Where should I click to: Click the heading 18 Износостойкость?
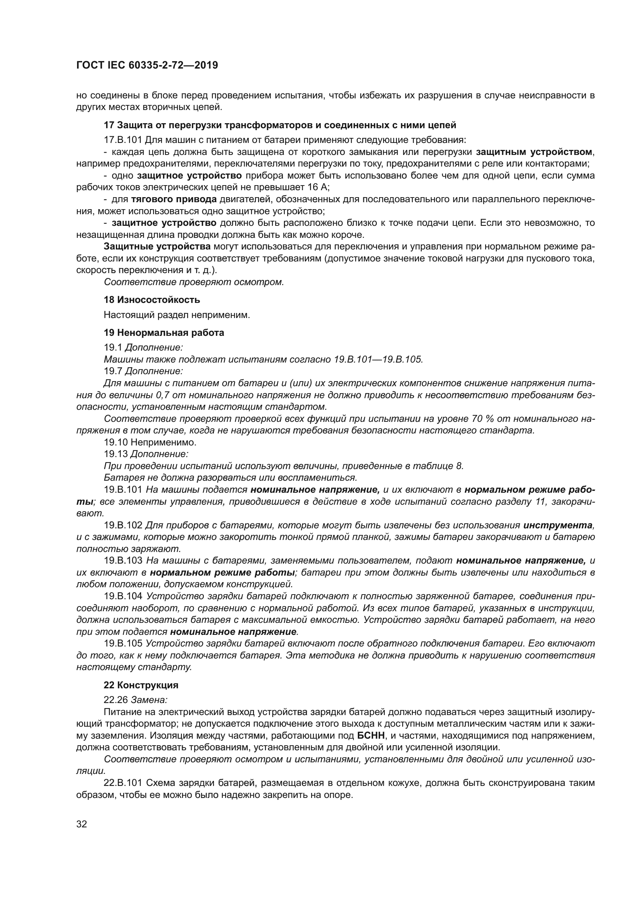152,300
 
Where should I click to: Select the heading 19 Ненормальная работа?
164,333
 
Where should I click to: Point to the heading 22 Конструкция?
141,685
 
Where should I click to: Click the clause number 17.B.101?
123,140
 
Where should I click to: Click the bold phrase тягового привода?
174,199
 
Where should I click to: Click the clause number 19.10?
115,442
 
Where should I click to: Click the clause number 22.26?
115,700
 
